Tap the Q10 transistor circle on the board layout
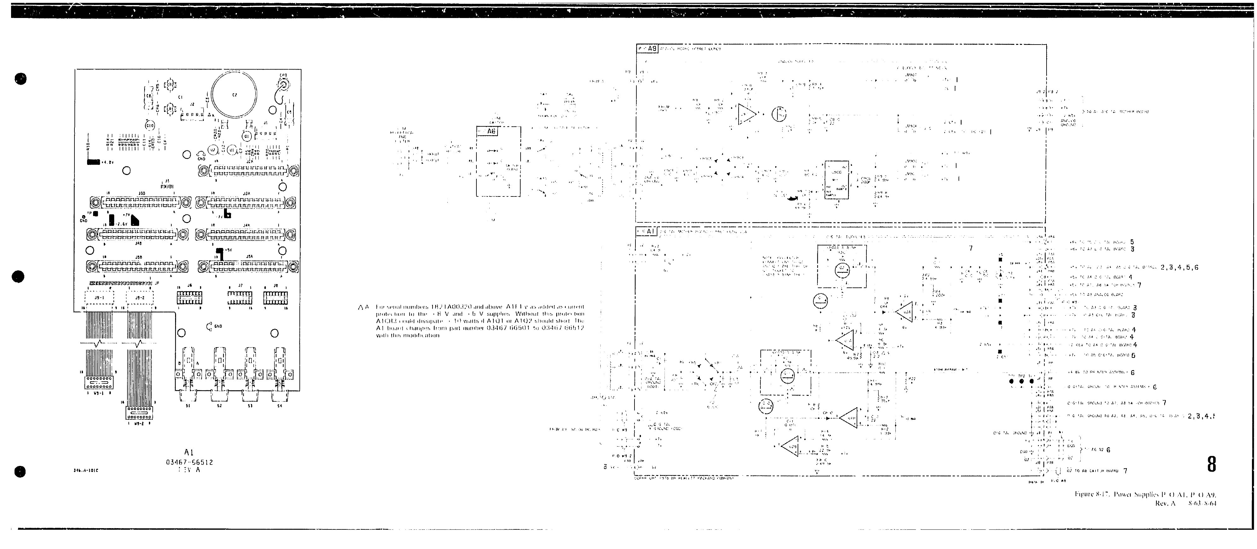[x=150, y=125]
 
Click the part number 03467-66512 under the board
[x=189, y=462]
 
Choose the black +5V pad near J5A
[x=221, y=254]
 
